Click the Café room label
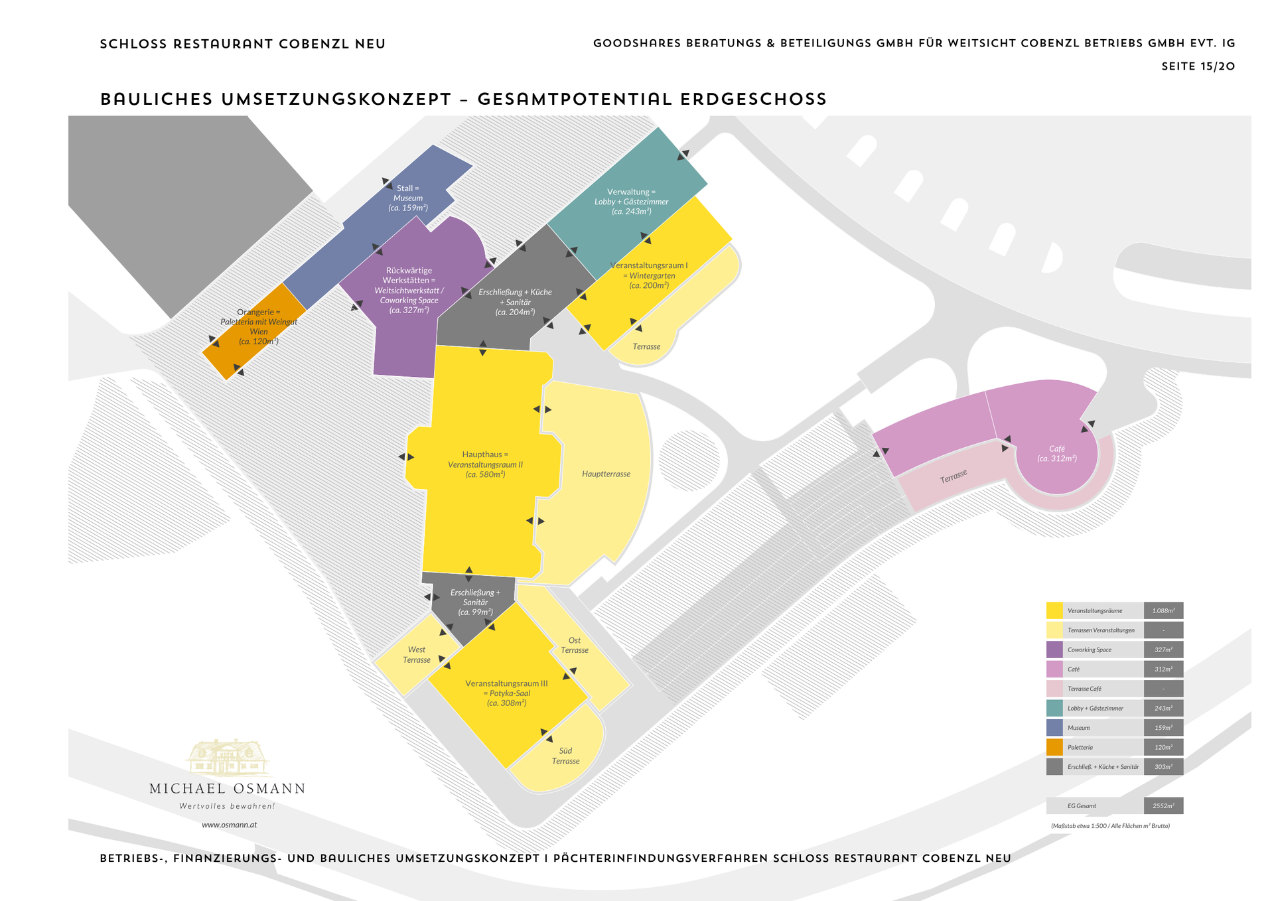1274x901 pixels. [1056, 454]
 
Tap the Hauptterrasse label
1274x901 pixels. [606, 474]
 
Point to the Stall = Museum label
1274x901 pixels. [407, 198]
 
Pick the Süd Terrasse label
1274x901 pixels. [565, 756]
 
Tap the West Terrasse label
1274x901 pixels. [416, 655]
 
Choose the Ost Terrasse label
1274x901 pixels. [574, 646]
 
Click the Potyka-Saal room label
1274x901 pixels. [506, 693]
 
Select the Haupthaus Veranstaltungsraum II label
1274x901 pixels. [485, 464]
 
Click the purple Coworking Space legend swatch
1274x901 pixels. [1054, 650]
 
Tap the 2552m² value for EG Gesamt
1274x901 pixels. [1163, 805]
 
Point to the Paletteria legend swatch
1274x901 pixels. [1054, 747]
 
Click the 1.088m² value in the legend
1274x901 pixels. [1163, 610]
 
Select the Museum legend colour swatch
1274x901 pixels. [1054, 728]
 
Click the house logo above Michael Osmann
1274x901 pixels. [228, 758]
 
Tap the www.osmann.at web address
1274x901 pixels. [229, 825]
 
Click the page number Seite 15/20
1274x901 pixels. [1198, 66]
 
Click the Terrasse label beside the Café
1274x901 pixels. [953, 476]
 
